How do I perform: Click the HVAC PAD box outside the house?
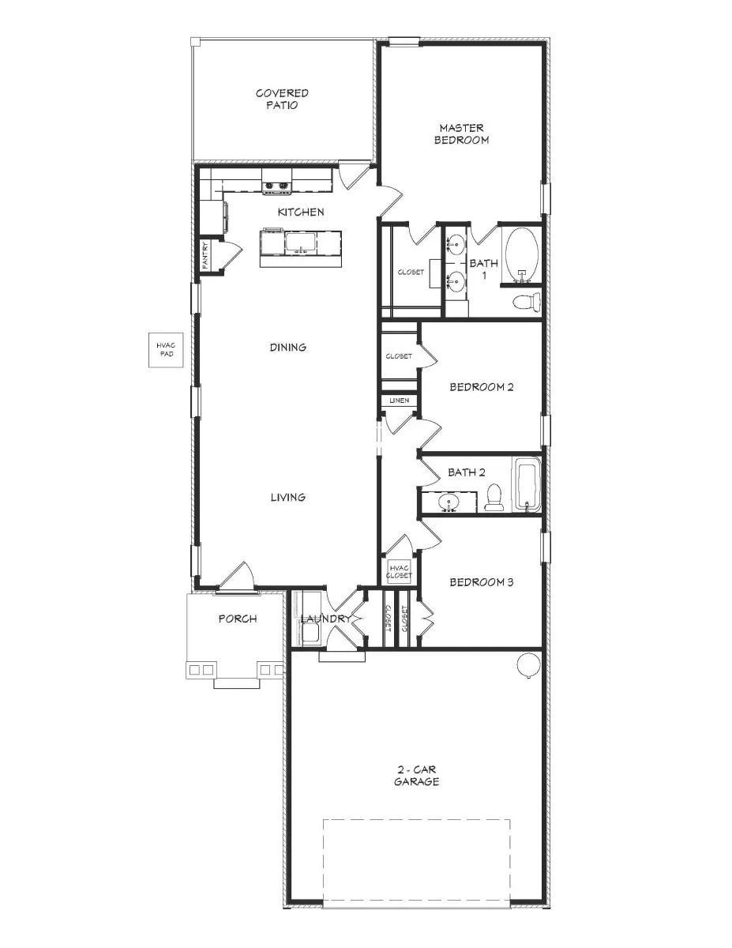[x=164, y=350]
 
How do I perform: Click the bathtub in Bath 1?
[x=521, y=254]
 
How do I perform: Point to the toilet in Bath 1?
[x=526, y=301]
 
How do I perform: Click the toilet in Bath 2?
[x=494, y=498]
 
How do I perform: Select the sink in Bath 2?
[x=450, y=502]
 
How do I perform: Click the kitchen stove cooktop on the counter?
[x=277, y=187]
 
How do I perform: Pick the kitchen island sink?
[x=300, y=242]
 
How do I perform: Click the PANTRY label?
[x=205, y=256]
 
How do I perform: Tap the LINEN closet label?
[x=399, y=401]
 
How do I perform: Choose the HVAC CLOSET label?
[x=399, y=571]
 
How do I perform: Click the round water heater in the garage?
[x=527, y=665]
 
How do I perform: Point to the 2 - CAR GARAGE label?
[x=417, y=775]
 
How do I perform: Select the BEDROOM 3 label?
[x=482, y=582]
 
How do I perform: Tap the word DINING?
[x=287, y=347]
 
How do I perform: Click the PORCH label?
[x=237, y=619]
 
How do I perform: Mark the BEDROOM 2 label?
[x=482, y=387]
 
